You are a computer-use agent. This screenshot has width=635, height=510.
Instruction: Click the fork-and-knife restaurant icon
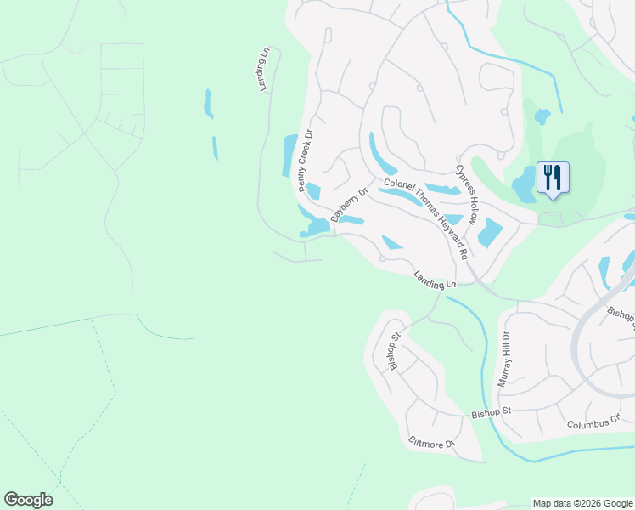pos(553,178)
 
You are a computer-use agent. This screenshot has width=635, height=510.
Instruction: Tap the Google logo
pos(28,500)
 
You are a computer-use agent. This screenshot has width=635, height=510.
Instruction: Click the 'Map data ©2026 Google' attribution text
pos(582,503)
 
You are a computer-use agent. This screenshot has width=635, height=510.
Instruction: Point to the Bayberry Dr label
pos(348,206)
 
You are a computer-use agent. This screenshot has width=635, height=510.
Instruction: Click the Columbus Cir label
pos(594,423)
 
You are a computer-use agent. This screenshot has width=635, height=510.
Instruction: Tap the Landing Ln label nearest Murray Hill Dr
pos(436,278)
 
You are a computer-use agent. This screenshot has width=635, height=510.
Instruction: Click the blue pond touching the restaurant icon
pos(524,182)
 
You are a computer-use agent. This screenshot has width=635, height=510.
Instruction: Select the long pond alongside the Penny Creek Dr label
pos(289,156)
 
